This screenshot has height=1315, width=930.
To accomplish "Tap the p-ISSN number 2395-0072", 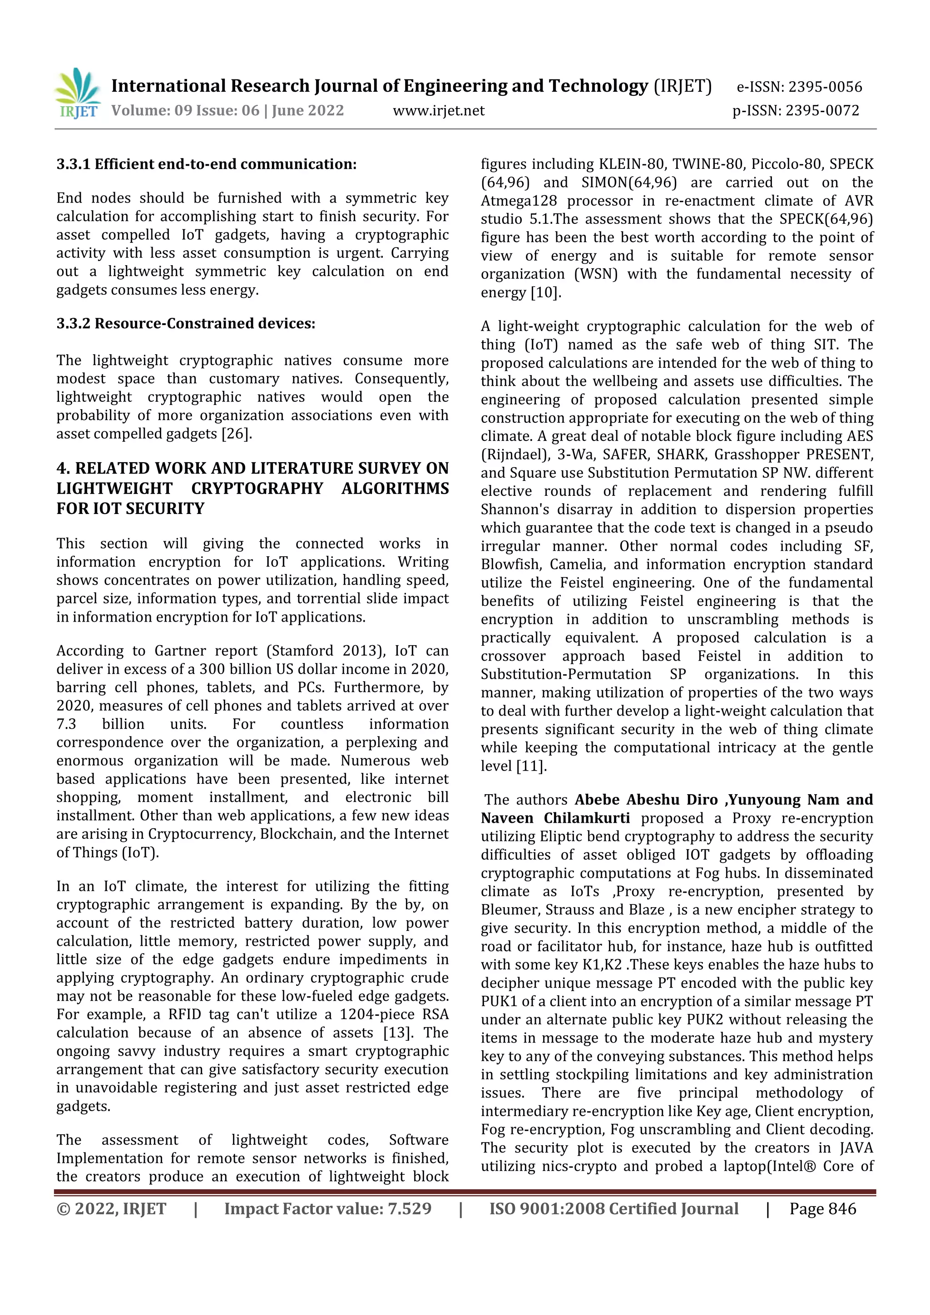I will coord(822,110).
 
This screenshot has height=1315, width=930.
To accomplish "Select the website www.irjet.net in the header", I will coord(439,110).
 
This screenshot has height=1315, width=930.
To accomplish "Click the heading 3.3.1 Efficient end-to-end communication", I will coord(206,164).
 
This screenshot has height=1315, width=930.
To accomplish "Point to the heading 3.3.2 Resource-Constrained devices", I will coord(186,324).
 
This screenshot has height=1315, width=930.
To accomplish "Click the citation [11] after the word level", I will coord(531,766).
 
